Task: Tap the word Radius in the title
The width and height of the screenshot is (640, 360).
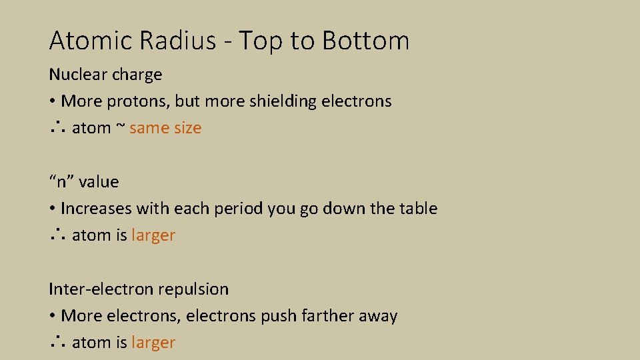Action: tap(178, 41)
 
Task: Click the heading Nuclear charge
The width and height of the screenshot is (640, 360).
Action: tap(105, 74)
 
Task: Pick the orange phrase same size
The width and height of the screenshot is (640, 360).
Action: tap(165, 128)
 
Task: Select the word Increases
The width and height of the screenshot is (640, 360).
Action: tap(96, 209)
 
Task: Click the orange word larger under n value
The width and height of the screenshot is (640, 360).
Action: tap(153, 235)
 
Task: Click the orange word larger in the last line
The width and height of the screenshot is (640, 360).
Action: tap(153, 343)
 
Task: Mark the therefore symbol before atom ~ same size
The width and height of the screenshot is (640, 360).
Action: tap(56, 128)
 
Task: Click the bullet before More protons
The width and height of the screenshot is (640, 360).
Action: tap(51, 102)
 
